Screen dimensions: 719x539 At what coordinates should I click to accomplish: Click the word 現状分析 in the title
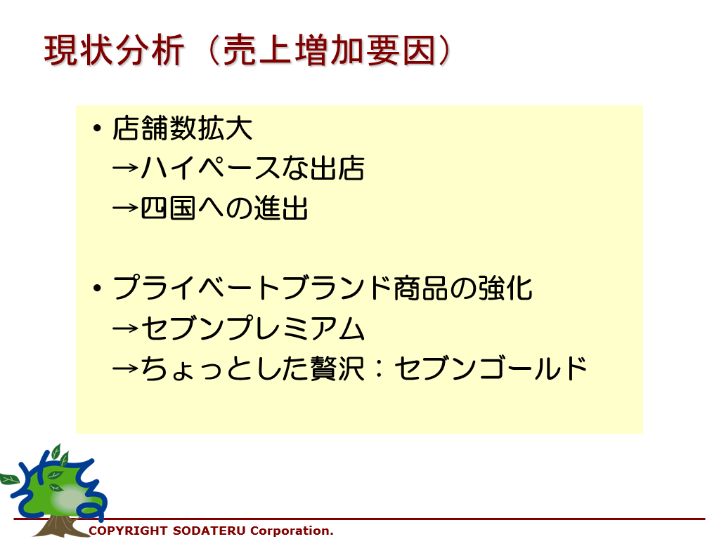[114, 50]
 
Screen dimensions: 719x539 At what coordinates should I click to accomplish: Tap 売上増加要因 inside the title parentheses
[328, 50]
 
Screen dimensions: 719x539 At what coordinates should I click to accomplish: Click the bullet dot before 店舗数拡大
[97, 128]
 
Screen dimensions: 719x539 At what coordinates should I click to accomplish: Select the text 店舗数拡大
[183, 128]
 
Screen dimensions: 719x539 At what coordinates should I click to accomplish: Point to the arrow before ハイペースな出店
[125, 168]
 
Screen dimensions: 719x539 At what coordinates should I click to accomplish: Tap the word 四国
[168, 208]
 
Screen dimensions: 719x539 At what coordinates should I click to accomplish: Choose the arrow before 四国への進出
[125, 208]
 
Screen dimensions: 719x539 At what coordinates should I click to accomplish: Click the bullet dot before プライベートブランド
[97, 288]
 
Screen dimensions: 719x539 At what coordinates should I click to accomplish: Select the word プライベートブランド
[252, 288]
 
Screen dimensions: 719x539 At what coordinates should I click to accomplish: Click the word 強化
[505, 288]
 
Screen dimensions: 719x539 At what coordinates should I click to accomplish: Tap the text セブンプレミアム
[252, 328]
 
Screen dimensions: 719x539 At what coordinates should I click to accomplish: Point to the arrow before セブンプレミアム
[125, 328]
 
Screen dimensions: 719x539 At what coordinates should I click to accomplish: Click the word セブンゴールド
[491, 368]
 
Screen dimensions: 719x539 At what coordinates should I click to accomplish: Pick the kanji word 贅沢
[337, 368]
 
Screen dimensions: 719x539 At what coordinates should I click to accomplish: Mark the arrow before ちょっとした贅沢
[125, 368]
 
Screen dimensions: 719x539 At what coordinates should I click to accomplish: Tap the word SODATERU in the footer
[209, 531]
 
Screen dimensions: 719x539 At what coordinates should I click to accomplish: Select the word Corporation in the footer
[290, 531]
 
